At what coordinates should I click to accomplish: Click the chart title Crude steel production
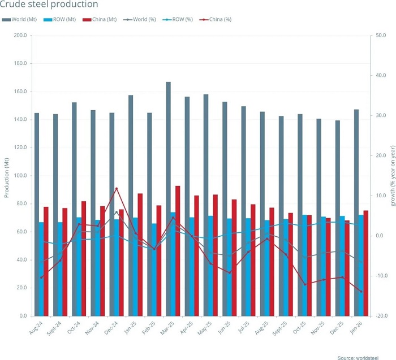pyautogui.click(x=50, y=5)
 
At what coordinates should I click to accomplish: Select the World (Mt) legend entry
pyautogui.click(x=23, y=20)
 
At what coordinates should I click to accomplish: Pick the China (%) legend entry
pyautogui.click(x=216, y=20)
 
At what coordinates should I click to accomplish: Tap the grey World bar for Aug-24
pyautogui.click(x=37, y=214)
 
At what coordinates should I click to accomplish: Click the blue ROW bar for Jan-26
pyautogui.click(x=361, y=265)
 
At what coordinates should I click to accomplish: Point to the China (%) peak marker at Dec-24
pyautogui.click(x=117, y=189)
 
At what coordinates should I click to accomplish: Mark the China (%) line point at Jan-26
pyautogui.click(x=361, y=292)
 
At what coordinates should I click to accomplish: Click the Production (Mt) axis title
pyautogui.click(x=7, y=176)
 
